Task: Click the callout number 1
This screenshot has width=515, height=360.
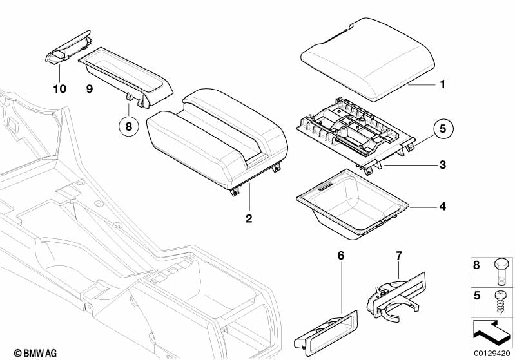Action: tap(442, 84)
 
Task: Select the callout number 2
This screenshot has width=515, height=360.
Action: tap(249, 218)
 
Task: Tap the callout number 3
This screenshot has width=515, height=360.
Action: tap(442, 165)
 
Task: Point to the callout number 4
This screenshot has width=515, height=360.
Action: tap(442, 207)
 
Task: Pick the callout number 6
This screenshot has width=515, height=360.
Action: tap(341, 256)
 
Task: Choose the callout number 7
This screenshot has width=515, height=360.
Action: tap(398, 256)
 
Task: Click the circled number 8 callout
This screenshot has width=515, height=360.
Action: tap(128, 126)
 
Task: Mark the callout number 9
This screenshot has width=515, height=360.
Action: tap(90, 89)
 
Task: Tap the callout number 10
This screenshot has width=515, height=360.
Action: tap(59, 89)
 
